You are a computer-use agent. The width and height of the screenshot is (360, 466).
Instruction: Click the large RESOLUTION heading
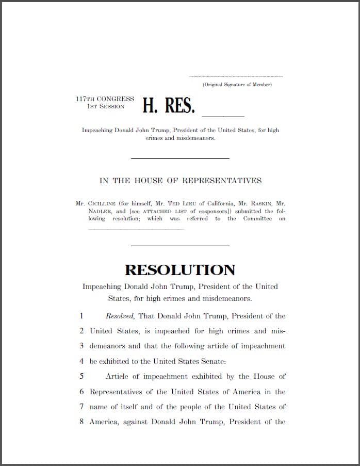(180, 269)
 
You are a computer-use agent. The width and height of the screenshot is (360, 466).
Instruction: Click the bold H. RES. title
(169, 105)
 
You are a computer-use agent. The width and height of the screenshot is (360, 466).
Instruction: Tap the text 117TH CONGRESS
(105, 99)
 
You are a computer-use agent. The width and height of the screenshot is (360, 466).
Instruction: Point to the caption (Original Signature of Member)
(237, 84)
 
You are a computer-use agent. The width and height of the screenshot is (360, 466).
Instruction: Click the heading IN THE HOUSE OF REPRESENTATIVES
(180, 181)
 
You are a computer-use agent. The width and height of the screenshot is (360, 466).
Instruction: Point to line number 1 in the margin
(81, 316)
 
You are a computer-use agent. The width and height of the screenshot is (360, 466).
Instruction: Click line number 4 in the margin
(81, 361)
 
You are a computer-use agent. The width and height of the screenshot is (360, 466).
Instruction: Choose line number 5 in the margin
(81, 377)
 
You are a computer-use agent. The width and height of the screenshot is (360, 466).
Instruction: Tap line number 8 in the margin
(81, 422)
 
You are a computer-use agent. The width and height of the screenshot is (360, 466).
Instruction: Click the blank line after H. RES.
(223, 114)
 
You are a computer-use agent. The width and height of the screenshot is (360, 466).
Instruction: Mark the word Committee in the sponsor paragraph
(257, 219)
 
